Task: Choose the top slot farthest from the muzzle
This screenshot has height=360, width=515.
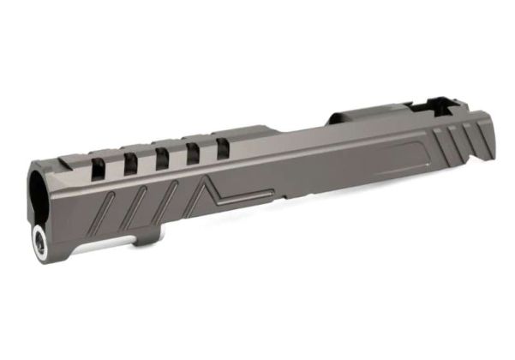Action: click(223, 147)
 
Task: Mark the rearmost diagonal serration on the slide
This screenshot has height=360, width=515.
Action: click(470, 136)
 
